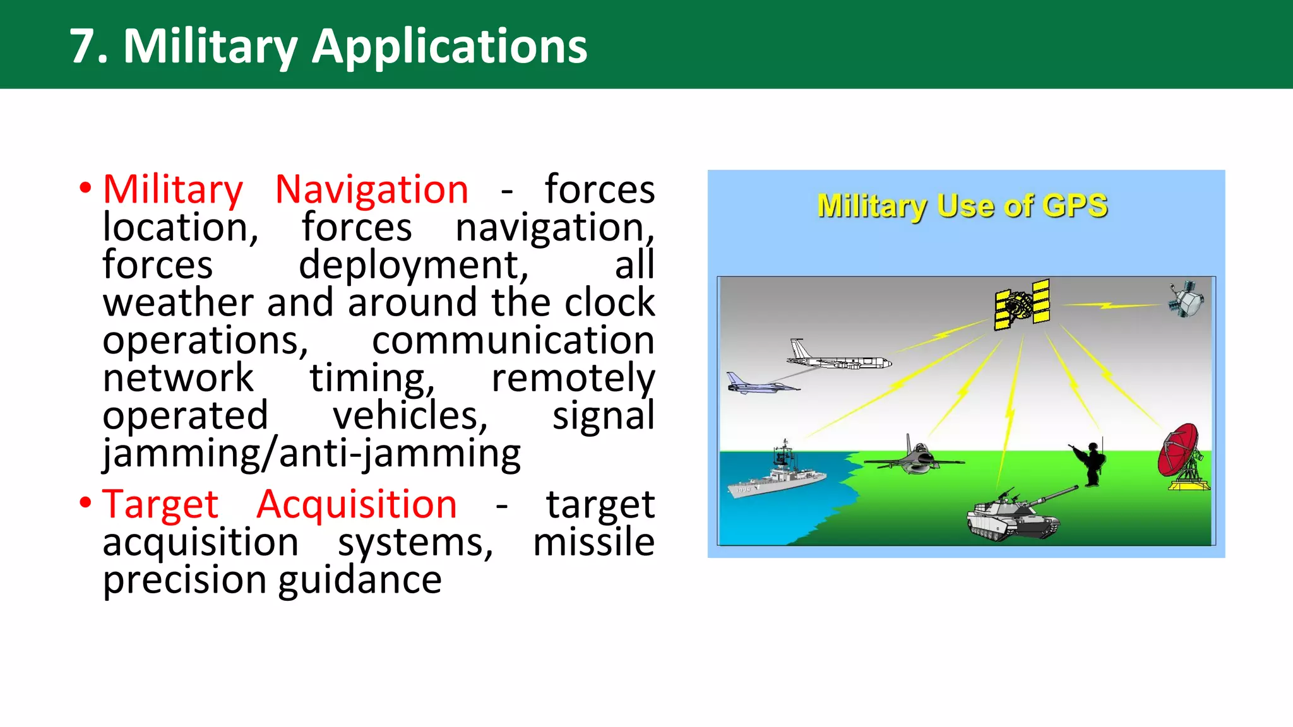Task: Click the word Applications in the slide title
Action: pyautogui.click(x=449, y=46)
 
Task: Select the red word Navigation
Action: pyautogui.click(x=371, y=189)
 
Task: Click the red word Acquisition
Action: pyautogui.click(x=357, y=504)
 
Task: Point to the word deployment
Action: pyautogui.click(x=414, y=265)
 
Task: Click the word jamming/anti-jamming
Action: pyautogui.click(x=312, y=453)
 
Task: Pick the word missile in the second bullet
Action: pyautogui.click(x=593, y=542)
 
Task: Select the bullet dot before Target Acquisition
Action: pyautogui.click(x=85, y=503)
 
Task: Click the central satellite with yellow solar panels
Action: pyautogui.click(x=1022, y=305)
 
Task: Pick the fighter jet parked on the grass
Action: pyautogui.click(x=915, y=459)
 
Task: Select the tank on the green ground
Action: pyautogui.click(x=1013, y=514)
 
